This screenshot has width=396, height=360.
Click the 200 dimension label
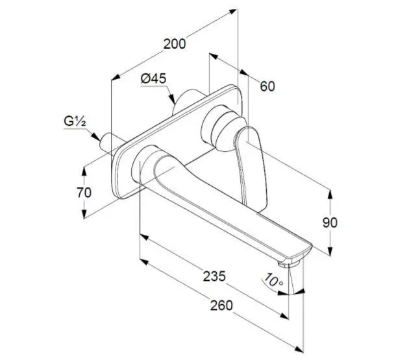175,44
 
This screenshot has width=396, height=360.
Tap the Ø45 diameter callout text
154,78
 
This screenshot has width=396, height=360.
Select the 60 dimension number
267,86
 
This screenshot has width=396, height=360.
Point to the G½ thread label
75,122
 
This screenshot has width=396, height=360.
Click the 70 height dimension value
84,193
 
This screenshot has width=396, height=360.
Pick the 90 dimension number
330,222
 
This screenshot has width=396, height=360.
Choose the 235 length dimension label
214,276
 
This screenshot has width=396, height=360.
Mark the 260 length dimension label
221,306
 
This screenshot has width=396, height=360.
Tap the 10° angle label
273,280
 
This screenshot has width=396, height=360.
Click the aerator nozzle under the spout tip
288,264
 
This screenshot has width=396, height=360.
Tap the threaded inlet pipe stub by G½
108,143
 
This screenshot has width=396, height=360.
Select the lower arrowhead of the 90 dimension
330,251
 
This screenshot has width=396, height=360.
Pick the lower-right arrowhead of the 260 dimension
299,348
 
